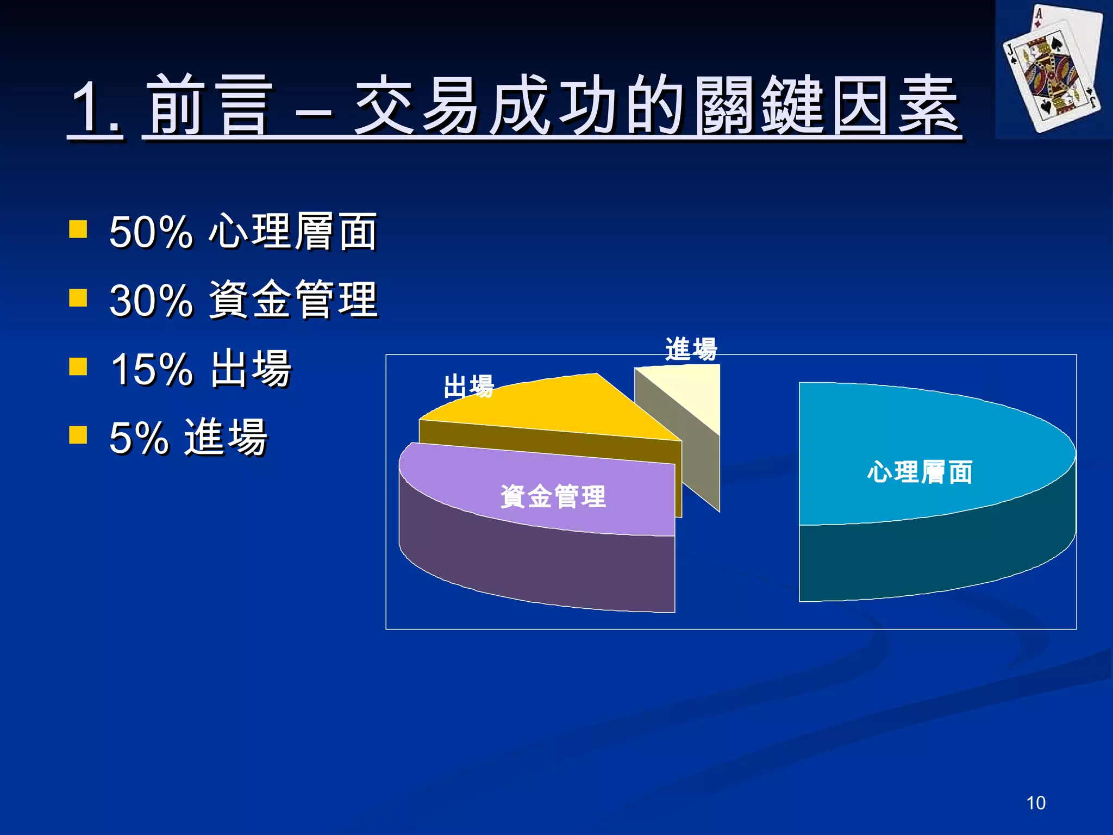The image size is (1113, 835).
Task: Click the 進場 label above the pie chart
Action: [x=691, y=349]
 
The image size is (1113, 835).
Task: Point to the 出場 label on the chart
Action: [x=468, y=386]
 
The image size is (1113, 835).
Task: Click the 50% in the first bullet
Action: [x=151, y=233]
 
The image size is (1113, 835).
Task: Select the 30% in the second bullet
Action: [x=151, y=301]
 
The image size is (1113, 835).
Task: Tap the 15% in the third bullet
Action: [x=151, y=370]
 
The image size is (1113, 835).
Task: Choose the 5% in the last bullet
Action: [x=139, y=438]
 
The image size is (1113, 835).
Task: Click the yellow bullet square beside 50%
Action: [x=78, y=229]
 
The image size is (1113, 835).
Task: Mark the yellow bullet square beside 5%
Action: [x=78, y=435]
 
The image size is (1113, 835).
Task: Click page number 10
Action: [x=1036, y=803]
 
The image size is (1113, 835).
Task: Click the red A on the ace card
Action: [x=1039, y=13]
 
